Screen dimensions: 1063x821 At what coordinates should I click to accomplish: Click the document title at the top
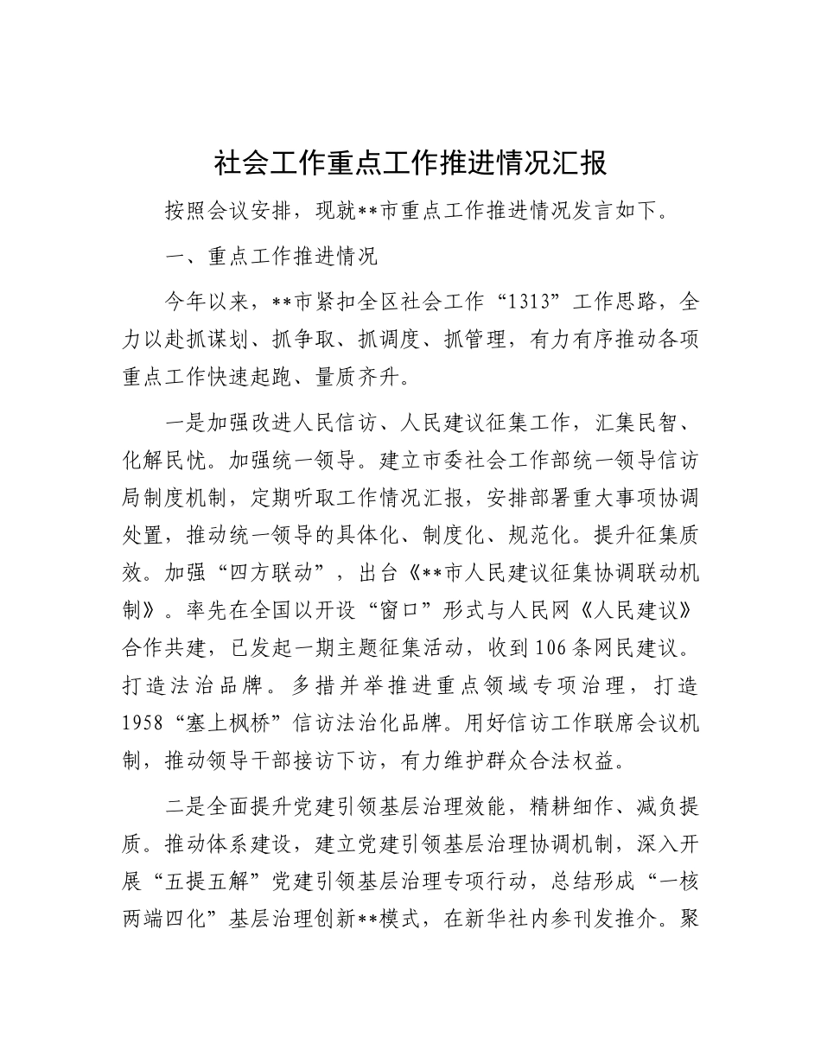click(x=410, y=163)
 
